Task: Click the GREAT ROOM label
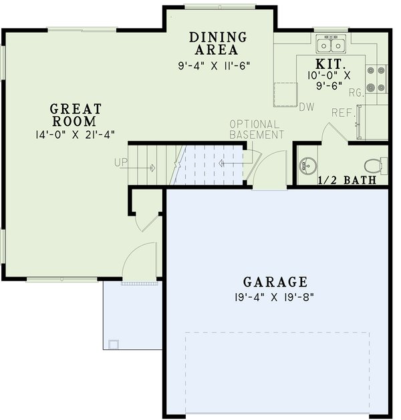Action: (x=76, y=115)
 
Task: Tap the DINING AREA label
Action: (x=218, y=43)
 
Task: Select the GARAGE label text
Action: (x=275, y=282)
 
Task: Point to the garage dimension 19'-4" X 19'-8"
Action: (x=275, y=297)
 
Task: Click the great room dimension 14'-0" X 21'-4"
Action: (x=76, y=134)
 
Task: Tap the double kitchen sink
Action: (x=330, y=45)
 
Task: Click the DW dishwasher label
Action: (x=306, y=107)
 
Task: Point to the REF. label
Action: (x=342, y=114)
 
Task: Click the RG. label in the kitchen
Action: (x=356, y=93)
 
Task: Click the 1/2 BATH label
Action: (x=346, y=180)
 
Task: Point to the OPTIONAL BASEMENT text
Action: (x=257, y=130)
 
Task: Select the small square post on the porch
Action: (x=113, y=344)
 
